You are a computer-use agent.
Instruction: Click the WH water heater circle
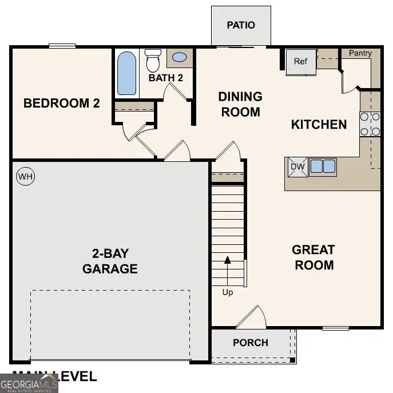(25, 177)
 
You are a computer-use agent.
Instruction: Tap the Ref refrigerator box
(301, 62)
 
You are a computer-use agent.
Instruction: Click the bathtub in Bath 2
(126, 73)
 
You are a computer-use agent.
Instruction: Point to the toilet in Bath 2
(153, 59)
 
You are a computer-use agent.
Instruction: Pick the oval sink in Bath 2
(180, 58)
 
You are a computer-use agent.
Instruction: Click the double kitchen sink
(323, 166)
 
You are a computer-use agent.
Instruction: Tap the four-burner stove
(370, 124)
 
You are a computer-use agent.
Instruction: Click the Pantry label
(360, 53)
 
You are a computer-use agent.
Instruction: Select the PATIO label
(241, 25)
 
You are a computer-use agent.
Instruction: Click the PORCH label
(251, 343)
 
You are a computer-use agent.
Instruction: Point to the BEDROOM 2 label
(61, 104)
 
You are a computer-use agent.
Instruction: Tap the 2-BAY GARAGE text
(109, 261)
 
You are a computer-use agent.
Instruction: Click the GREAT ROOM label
(313, 257)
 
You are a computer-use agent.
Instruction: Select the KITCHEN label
(319, 124)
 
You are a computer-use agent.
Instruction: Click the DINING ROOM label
(240, 104)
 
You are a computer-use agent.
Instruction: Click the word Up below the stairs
(228, 292)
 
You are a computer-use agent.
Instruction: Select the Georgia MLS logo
(29, 382)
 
